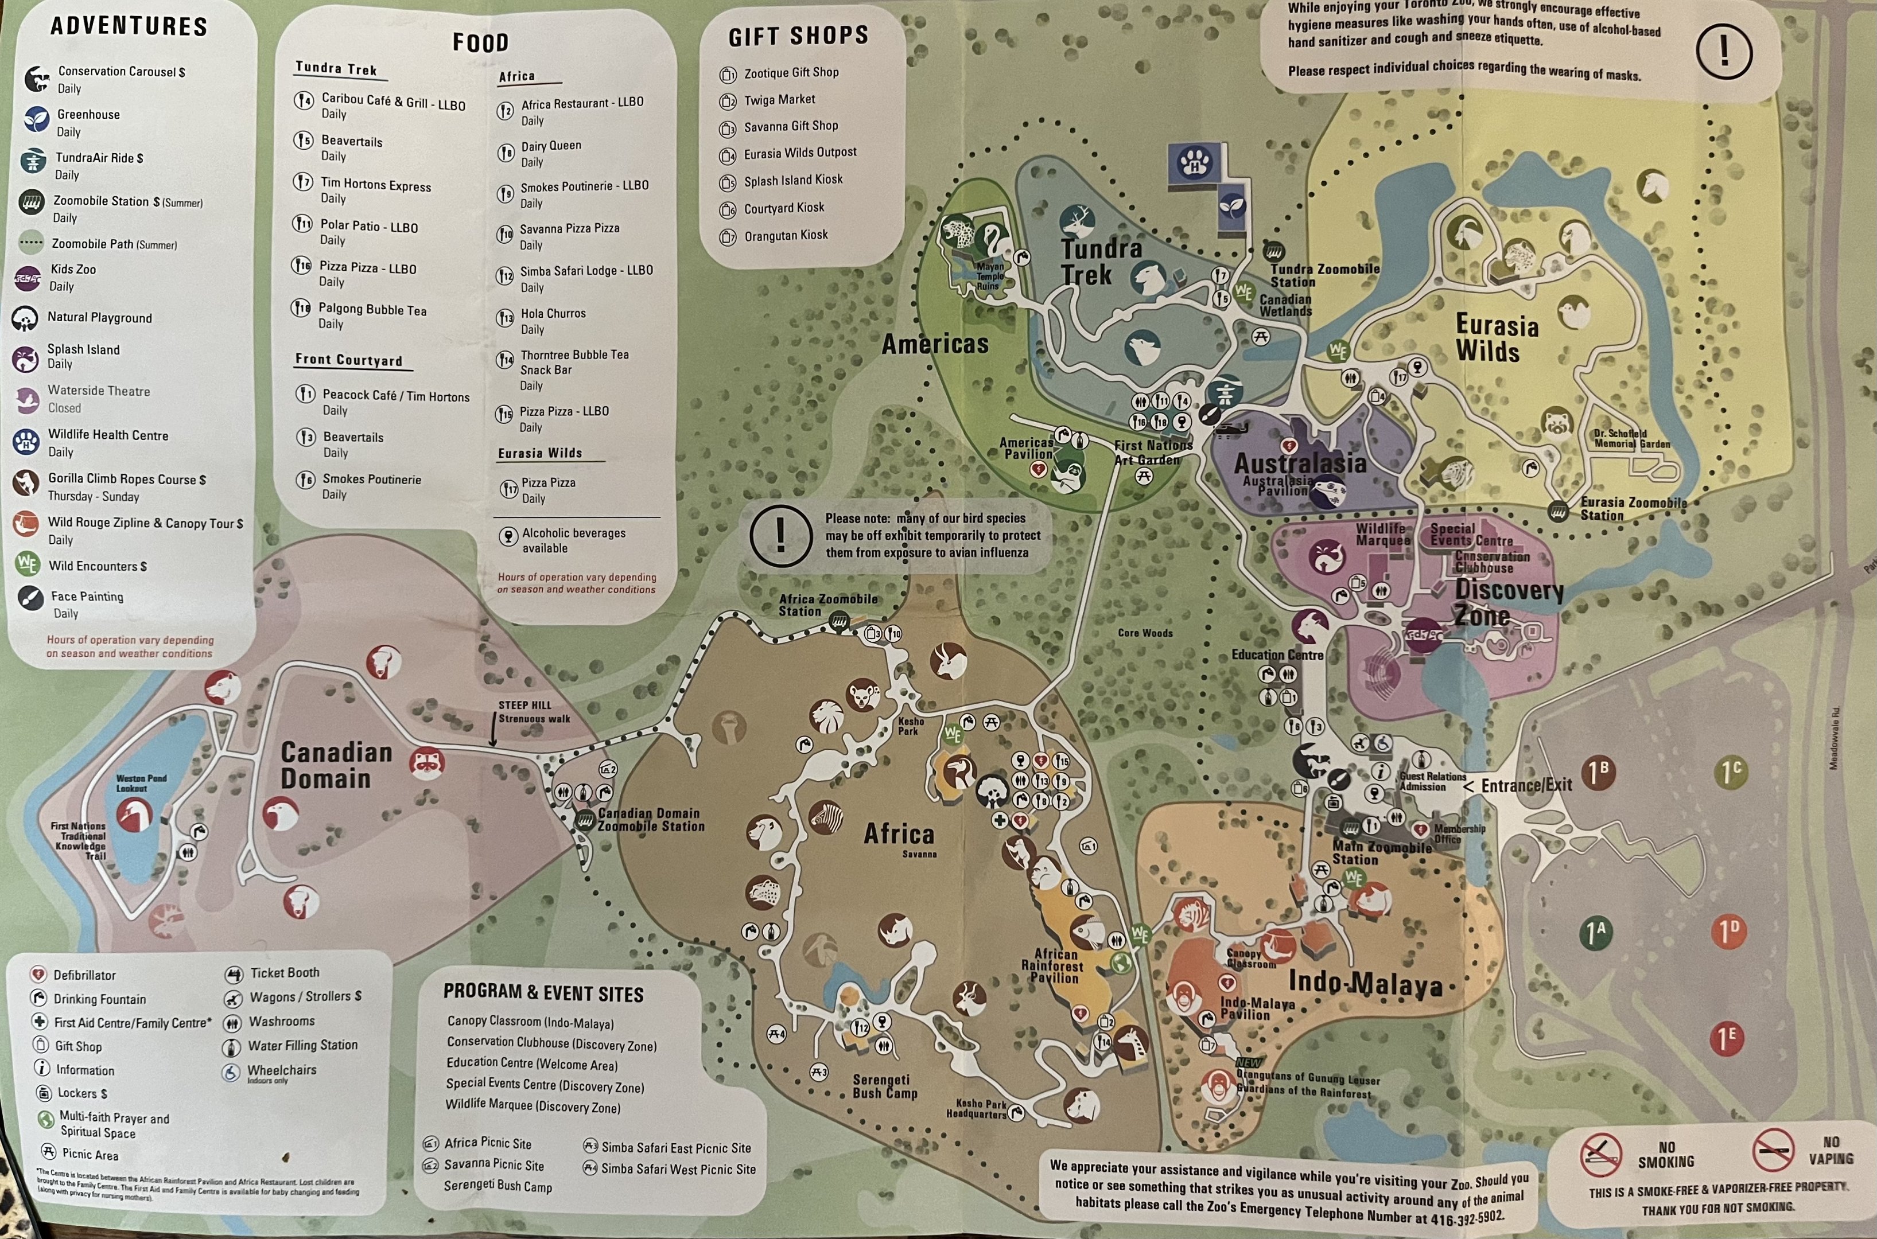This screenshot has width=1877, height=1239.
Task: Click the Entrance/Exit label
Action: (1525, 785)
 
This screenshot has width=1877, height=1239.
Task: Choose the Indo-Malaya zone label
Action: (1365, 984)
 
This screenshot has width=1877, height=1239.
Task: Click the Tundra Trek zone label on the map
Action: (1100, 262)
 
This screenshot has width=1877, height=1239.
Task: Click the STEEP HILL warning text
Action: (525, 706)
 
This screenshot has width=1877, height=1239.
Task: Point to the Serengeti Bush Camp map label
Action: (884, 1086)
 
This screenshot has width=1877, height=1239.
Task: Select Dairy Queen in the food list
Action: (550, 146)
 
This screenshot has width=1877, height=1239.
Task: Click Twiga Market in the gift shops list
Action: (779, 100)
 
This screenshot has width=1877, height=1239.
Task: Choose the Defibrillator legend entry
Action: (84, 975)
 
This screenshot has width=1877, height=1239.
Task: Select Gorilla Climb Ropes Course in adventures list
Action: (126, 479)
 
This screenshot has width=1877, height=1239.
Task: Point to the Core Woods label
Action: (1144, 633)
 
